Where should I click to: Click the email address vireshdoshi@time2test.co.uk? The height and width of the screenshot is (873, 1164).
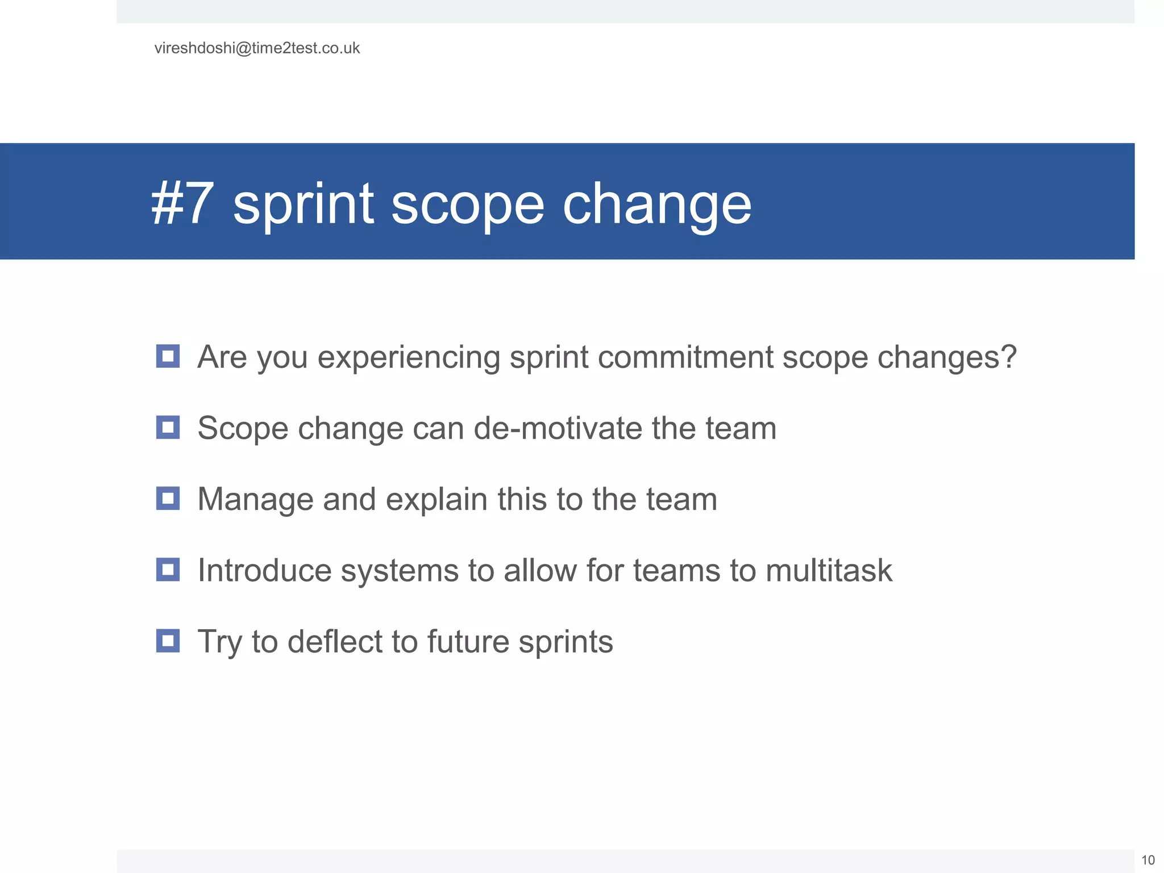coord(257,48)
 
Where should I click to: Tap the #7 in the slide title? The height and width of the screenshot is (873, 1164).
coord(182,203)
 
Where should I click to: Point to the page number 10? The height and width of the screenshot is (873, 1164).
coord(1148,860)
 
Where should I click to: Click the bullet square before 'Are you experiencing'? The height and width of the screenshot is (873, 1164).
coord(168,356)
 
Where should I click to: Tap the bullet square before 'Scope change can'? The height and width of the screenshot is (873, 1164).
coord(168,427)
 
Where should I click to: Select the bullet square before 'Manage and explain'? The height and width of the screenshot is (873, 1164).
coord(168,498)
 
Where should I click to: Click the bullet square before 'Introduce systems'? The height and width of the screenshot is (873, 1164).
coord(168,569)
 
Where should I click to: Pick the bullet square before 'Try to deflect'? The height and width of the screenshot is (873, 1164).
coord(168,641)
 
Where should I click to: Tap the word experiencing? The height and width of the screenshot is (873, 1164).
coord(408,358)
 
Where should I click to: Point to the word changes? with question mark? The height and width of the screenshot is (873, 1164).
coord(946,358)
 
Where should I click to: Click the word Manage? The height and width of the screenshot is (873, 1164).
coord(255,500)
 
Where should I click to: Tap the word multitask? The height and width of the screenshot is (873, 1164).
coord(829,571)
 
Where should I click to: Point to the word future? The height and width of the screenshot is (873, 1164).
coord(468,642)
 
